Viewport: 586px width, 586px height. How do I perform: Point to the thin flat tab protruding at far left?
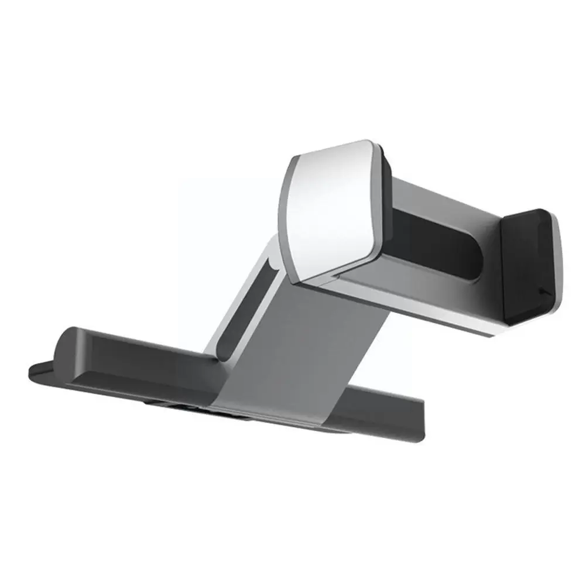(38, 369)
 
